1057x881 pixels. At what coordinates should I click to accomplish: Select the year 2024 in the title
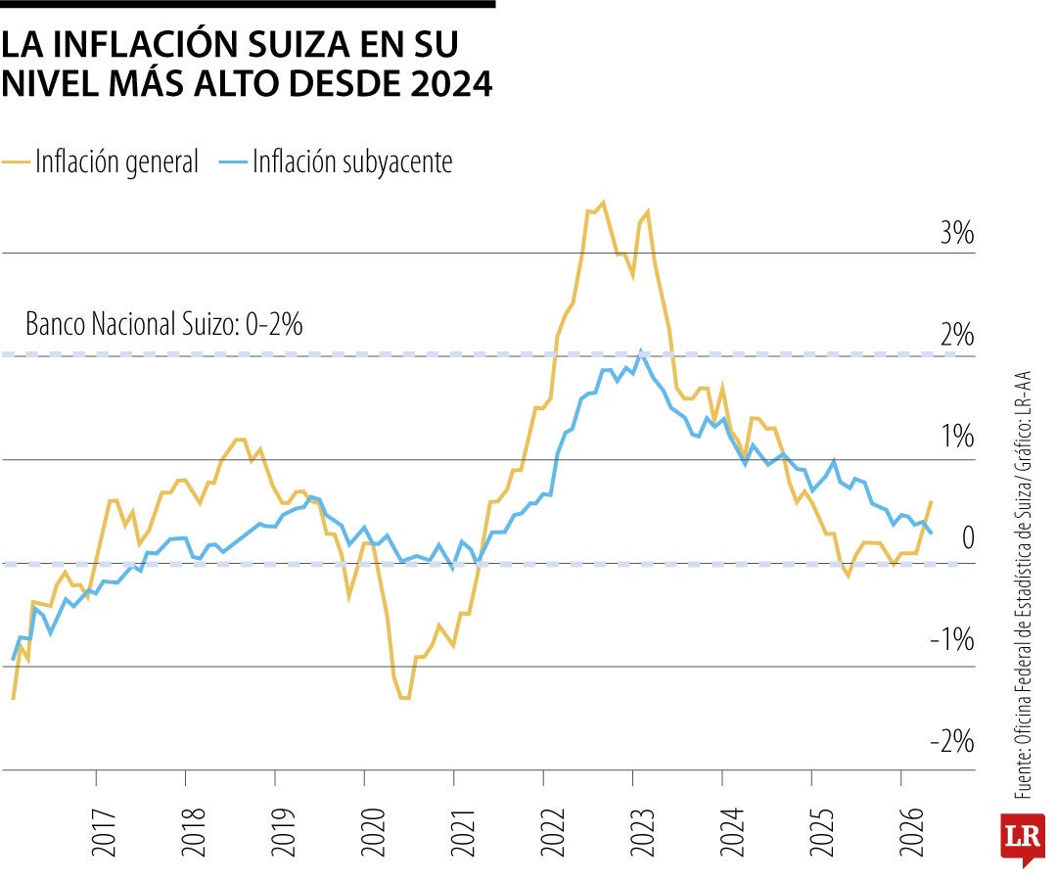click(451, 83)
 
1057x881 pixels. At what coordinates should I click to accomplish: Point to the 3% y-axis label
click(957, 233)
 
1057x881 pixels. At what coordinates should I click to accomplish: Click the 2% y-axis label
click(957, 335)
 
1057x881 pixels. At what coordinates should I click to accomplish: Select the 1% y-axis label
click(957, 437)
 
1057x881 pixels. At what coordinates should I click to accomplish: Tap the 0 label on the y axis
click(968, 538)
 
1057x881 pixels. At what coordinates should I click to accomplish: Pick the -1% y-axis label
click(952, 639)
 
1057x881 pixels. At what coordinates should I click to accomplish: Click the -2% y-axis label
click(952, 741)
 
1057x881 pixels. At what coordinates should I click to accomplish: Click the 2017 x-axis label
click(104, 832)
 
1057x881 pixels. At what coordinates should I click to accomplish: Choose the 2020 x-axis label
click(373, 832)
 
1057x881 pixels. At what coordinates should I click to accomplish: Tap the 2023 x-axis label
click(642, 832)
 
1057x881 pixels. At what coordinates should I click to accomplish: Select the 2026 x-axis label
click(911, 832)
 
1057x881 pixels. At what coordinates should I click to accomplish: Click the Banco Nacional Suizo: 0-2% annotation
click(163, 324)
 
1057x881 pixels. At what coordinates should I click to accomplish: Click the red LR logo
click(1024, 839)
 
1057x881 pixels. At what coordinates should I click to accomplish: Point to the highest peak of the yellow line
click(603, 202)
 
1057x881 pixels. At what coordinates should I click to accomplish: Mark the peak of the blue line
click(640, 351)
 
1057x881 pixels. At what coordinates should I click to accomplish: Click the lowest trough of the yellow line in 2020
click(404, 698)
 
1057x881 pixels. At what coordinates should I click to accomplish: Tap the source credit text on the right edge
click(1024, 585)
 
